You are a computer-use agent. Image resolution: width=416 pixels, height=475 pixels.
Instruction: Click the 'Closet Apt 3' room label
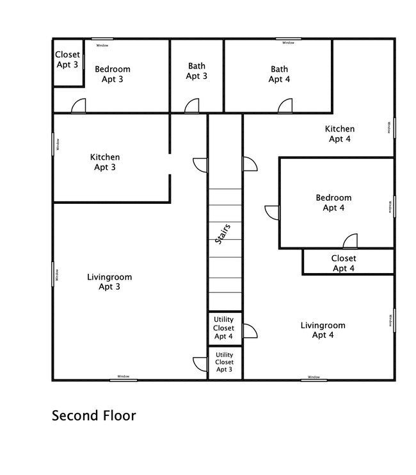(x=67, y=60)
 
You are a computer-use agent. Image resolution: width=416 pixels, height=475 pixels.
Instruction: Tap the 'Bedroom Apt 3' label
(x=113, y=74)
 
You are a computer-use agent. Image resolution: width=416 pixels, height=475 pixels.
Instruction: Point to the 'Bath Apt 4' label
(x=279, y=74)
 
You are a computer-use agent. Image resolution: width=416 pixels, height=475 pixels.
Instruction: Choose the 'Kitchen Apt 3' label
(x=104, y=162)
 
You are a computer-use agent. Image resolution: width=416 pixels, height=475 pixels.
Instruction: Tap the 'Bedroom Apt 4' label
(x=333, y=203)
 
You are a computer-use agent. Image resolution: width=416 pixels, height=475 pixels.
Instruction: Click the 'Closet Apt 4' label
(x=344, y=263)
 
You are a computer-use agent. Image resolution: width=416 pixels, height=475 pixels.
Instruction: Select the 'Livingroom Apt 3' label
(x=109, y=282)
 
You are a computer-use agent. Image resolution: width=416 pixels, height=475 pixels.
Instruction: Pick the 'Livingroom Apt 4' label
(x=323, y=330)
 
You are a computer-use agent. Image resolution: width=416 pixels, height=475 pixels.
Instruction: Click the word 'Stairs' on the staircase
(x=222, y=234)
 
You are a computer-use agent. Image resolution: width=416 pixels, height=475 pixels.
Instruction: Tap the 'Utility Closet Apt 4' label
(x=223, y=328)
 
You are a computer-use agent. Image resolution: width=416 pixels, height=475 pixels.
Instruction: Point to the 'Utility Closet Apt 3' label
(x=224, y=362)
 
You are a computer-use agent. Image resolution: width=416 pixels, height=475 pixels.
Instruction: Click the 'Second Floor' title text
(x=94, y=415)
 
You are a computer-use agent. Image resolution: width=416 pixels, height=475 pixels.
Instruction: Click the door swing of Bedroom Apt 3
(x=78, y=106)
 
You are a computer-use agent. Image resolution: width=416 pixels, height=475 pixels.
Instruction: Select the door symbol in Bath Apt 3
(x=192, y=106)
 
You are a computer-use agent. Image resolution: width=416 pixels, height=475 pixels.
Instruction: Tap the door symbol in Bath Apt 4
(x=285, y=106)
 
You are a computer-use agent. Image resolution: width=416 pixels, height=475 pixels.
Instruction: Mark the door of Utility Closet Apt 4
(x=250, y=330)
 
